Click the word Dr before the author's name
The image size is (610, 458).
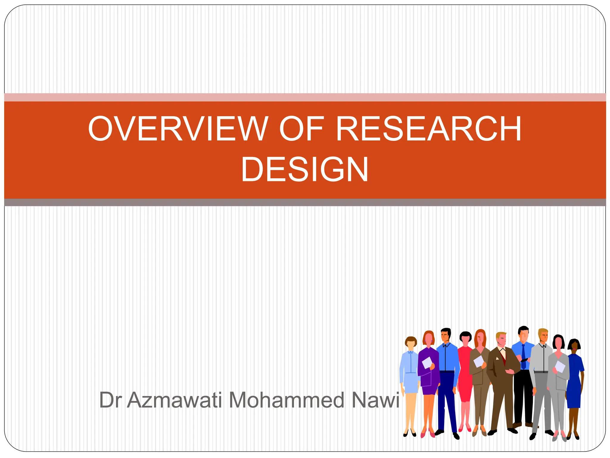pos(110,400)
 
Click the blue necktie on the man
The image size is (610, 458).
pos(523,356)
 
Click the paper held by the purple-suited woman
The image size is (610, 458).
pos(427,363)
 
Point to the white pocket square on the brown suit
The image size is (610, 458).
pos(497,358)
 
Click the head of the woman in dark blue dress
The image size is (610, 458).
pos(574,345)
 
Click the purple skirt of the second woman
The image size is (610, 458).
pos(429,389)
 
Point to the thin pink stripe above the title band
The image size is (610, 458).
pos(305,97)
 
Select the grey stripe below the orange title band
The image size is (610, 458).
pos(305,202)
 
